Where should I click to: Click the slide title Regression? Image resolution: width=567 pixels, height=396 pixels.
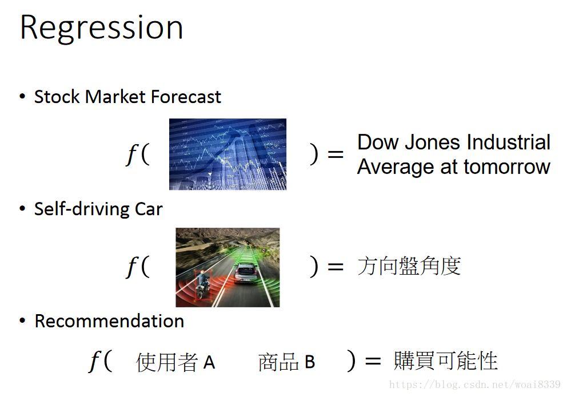click(x=102, y=29)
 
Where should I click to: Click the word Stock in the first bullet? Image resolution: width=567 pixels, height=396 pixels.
click(x=57, y=97)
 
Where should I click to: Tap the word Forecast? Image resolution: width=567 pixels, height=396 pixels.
click(x=186, y=97)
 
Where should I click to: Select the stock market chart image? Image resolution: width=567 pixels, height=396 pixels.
click(x=228, y=154)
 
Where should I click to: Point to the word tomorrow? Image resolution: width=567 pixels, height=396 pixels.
click(x=507, y=167)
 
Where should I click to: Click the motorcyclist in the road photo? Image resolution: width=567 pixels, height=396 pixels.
click(x=202, y=285)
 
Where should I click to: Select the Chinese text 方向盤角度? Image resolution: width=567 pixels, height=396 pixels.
click(x=409, y=266)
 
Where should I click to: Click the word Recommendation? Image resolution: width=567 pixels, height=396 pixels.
click(x=109, y=321)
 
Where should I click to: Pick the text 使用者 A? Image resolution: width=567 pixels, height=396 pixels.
click(x=175, y=362)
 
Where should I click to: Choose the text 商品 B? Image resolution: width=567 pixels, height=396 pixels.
click(x=286, y=362)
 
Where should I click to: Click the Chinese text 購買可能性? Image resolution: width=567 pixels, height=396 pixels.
click(x=445, y=361)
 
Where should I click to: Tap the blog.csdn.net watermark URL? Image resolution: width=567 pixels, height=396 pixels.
click(x=475, y=384)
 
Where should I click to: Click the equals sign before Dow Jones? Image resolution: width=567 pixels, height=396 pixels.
click(x=335, y=154)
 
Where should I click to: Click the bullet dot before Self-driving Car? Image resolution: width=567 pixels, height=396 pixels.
click(x=22, y=209)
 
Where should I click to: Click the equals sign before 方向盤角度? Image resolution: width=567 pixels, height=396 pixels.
click(x=335, y=267)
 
